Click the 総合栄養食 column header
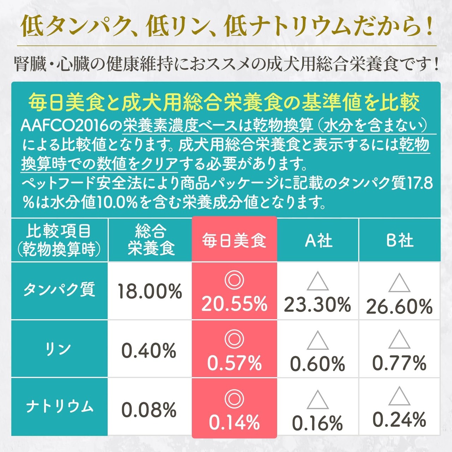(x=150, y=240)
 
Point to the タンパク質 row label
(x=59, y=290)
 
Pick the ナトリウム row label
(x=59, y=407)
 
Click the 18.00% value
(x=150, y=292)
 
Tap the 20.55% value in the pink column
(x=234, y=304)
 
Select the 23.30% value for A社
(x=317, y=305)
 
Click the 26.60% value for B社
(x=399, y=307)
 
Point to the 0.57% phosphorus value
(x=234, y=363)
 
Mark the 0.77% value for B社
(x=399, y=363)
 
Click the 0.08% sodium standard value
(x=149, y=410)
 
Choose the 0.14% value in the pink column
(x=234, y=422)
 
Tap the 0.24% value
(x=399, y=420)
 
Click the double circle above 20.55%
(x=234, y=280)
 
